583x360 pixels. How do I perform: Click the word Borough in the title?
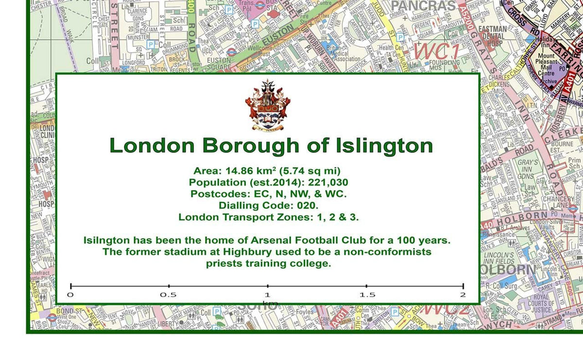(252, 145)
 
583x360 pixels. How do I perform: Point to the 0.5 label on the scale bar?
(169, 295)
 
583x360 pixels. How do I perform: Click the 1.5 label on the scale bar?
(367, 295)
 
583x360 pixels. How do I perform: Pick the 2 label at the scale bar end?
(463, 295)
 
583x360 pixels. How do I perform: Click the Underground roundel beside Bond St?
(52, 318)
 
